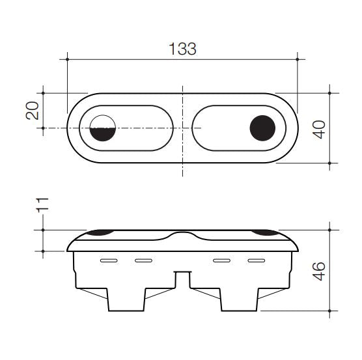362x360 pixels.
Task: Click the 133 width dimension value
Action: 182,49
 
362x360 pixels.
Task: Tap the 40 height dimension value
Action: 319,128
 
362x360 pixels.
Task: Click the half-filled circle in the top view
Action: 102,128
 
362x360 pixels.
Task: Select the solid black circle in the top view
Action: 263,128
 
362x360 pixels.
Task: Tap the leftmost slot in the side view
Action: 109,261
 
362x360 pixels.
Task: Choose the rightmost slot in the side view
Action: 256,261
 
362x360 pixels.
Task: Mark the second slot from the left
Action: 143,261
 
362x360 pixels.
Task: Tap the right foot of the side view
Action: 239,300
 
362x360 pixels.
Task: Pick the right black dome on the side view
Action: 266,232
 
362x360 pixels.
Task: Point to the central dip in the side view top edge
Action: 183,235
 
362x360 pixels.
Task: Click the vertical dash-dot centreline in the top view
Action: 183,156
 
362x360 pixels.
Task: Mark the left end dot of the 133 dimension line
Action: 68,59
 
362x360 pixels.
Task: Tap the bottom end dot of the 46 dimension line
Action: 330,311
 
